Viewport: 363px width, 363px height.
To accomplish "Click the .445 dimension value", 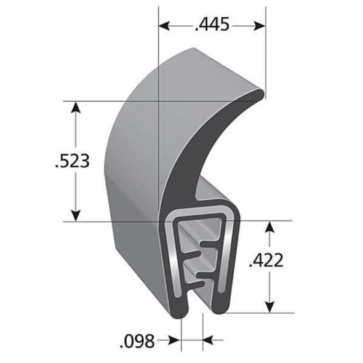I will (212, 25).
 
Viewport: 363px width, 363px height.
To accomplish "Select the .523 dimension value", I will (73, 161).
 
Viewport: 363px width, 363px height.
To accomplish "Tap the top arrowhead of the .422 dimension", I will (268, 228).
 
